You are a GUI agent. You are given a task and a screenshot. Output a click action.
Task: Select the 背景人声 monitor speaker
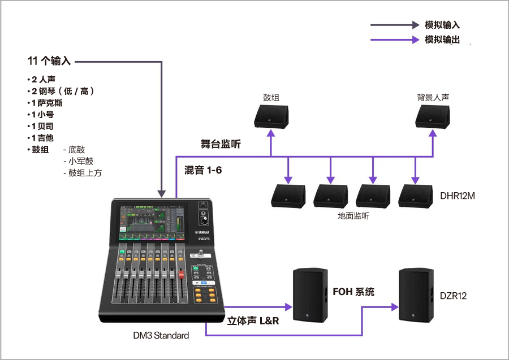(x=433, y=116)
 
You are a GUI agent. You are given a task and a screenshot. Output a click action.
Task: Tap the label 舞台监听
(x=221, y=144)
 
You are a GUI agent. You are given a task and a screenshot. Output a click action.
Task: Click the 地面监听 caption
(x=353, y=216)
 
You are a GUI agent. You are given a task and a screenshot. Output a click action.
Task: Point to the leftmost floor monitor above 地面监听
(x=288, y=196)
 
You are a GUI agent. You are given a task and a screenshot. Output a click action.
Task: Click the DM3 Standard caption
(x=160, y=335)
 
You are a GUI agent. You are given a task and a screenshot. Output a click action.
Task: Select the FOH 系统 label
(x=353, y=292)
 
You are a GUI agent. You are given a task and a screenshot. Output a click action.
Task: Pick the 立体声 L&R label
(x=253, y=320)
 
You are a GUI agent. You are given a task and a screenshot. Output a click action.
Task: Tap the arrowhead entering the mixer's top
(x=163, y=194)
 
